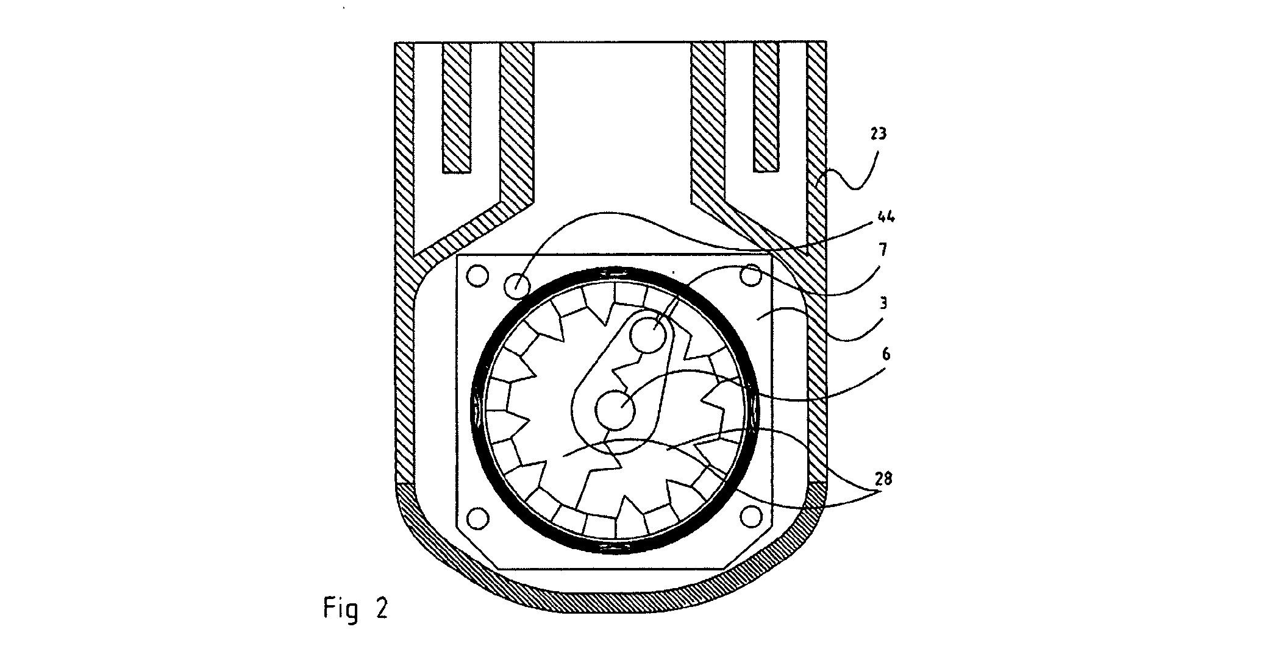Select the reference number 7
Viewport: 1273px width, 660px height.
pos(882,250)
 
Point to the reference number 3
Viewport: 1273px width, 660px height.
pos(883,303)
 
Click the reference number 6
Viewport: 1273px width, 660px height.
pos(886,354)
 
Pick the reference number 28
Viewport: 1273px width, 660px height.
pos(883,479)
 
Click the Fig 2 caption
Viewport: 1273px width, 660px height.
pos(355,609)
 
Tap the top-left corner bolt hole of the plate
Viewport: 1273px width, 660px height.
pos(478,276)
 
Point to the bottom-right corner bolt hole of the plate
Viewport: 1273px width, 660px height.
pos(752,517)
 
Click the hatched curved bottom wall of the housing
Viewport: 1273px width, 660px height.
pos(612,600)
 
